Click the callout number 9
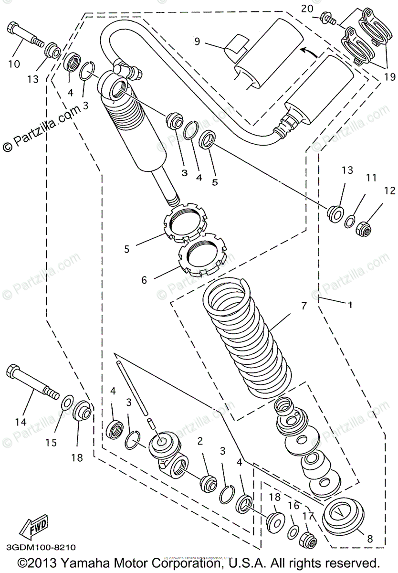coord(197,41)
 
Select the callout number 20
coord(307,8)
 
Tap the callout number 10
coord(14,63)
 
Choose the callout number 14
coord(20,422)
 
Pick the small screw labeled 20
coord(329,19)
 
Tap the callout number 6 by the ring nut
coord(144,280)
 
